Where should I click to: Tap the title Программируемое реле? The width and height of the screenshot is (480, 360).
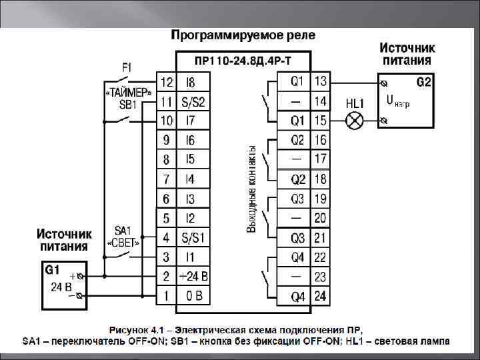(243, 34)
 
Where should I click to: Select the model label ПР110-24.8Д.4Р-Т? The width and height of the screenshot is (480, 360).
(243, 61)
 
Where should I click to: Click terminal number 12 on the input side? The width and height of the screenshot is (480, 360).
(166, 82)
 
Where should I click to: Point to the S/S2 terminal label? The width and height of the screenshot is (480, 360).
(193, 102)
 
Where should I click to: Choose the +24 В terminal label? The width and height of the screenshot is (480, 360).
(193, 276)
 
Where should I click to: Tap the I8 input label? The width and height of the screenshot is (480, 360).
(191, 82)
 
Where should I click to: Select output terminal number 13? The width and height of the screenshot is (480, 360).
(320, 81)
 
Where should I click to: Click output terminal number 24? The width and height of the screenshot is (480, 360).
(320, 295)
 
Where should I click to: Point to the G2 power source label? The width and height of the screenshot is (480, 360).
(424, 83)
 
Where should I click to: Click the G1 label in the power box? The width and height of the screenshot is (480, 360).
(52, 270)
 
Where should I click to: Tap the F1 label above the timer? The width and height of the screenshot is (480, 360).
(127, 67)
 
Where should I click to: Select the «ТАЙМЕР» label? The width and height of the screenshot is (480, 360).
(129, 92)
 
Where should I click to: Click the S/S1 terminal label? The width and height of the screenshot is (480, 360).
(193, 237)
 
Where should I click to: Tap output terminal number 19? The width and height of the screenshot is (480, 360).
(320, 199)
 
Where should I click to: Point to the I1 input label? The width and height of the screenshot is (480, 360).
(191, 257)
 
